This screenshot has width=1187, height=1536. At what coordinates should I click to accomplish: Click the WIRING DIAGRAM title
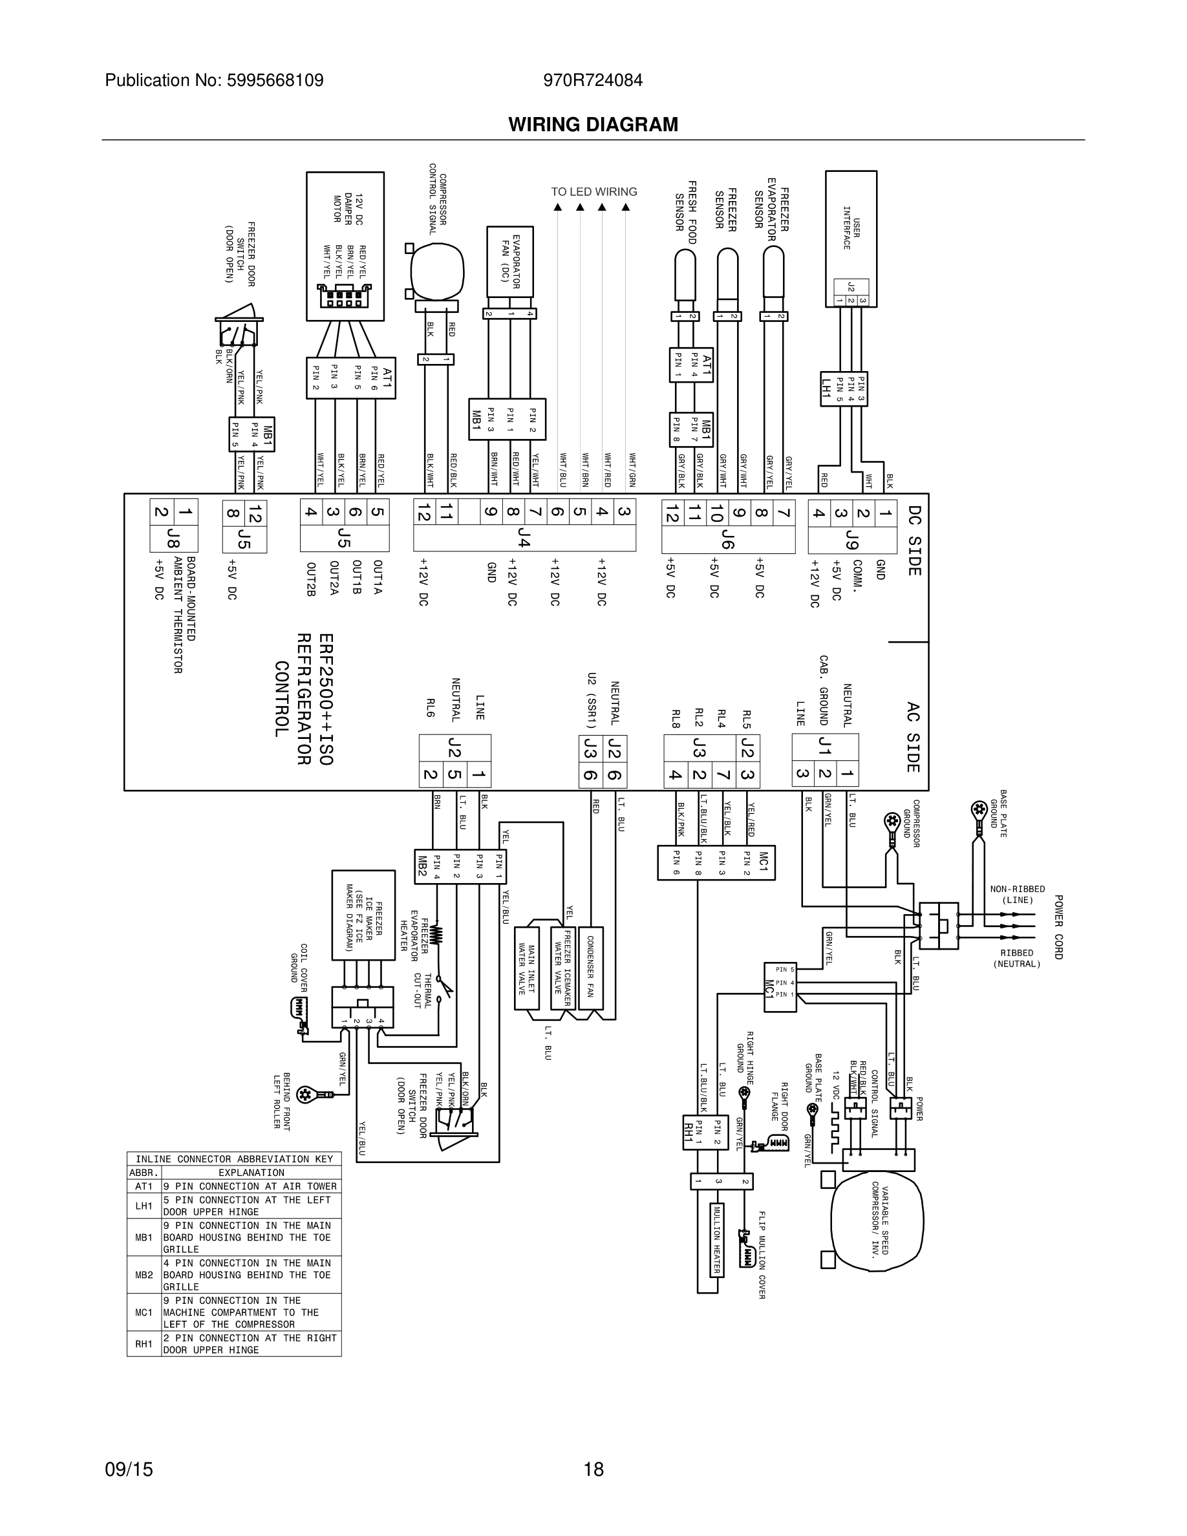[593, 125]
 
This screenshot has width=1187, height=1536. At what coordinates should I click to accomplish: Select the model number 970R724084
[593, 81]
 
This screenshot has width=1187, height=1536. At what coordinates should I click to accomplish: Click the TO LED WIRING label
[593, 192]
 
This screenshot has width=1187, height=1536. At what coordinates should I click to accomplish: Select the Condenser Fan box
[591, 968]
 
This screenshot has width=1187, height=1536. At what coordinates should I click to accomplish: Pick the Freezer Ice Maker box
[363, 915]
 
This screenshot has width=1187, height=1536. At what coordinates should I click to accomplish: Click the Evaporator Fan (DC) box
[510, 261]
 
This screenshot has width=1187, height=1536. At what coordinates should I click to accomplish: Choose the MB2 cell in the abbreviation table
[144, 1275]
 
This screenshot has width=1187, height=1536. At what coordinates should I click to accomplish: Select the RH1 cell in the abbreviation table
[144, 1344]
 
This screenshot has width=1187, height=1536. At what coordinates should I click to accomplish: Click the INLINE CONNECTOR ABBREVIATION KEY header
[234, 1159]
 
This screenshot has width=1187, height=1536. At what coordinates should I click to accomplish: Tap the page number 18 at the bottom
[593, 1469]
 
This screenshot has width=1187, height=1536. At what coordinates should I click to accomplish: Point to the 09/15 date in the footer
[129, 1469]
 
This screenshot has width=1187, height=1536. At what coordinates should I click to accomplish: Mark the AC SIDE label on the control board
[913, 736]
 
